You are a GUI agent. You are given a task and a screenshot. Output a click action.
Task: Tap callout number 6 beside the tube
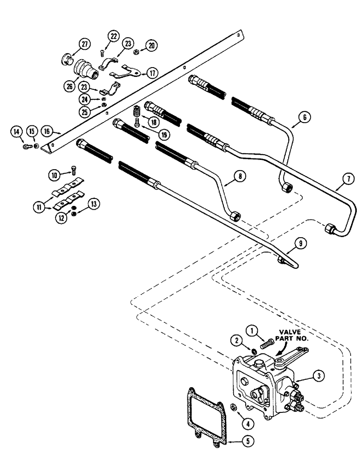point(304,118)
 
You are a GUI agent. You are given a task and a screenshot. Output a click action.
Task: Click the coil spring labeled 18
point(138,112)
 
